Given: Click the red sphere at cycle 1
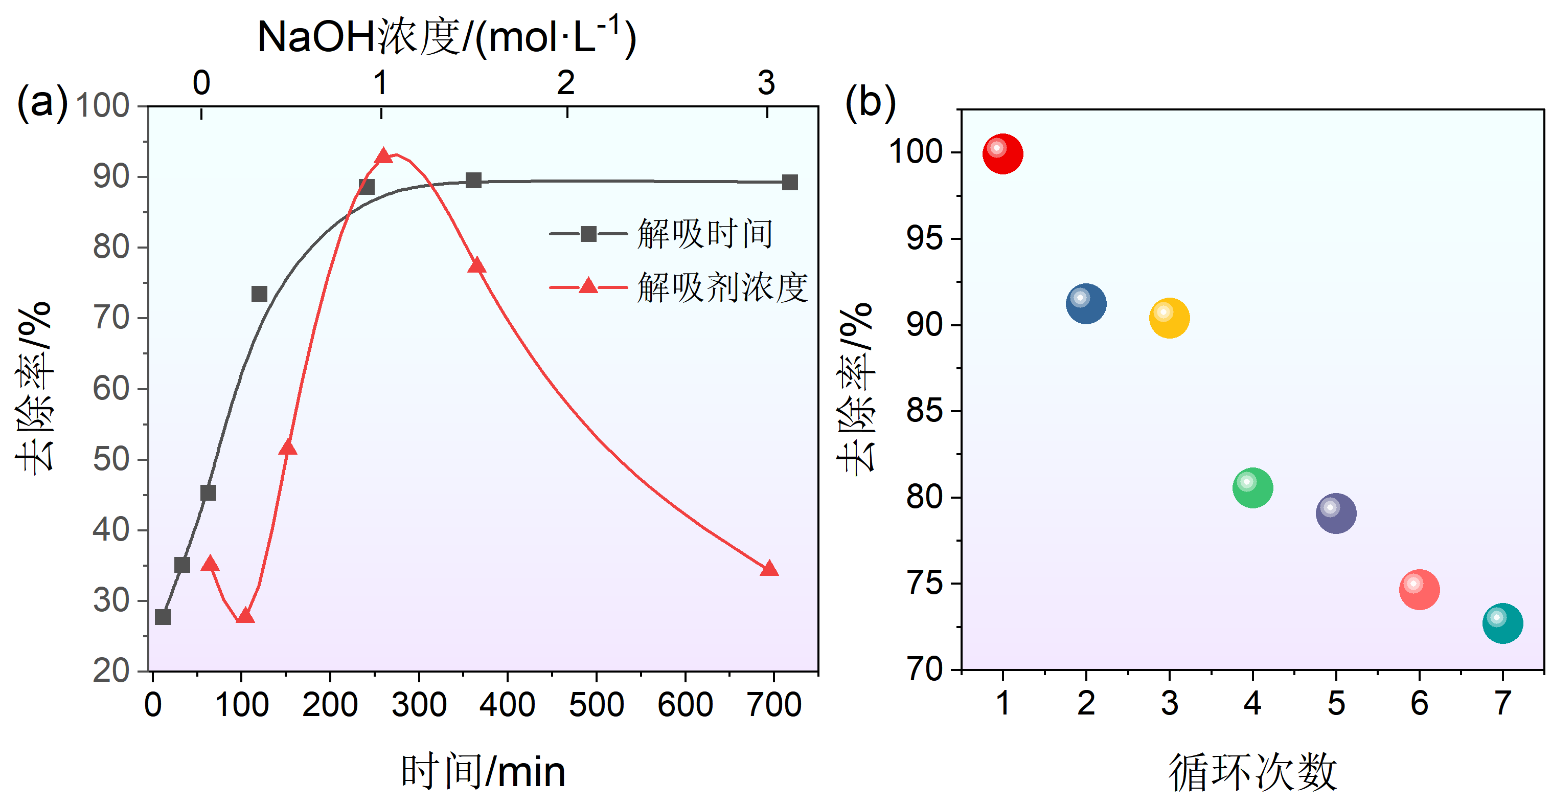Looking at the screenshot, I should [1002, 154].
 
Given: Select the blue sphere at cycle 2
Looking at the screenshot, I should [1086, 303].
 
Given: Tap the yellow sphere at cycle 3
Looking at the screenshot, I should [1169, 318].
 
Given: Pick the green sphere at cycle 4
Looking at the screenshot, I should [1252, 488].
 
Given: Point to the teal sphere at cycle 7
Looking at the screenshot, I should [1502, 623].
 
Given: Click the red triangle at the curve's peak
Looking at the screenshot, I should [383, 157].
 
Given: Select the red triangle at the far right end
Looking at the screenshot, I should [769, 569].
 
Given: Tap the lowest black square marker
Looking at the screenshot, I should [163, 617].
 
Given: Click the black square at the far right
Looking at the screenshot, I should [790, 183].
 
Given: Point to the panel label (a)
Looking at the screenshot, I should [42, 102].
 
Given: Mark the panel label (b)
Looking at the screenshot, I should [871, 102].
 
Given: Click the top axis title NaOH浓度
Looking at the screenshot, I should [446, 37].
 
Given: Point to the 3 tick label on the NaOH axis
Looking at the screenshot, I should [766, 82].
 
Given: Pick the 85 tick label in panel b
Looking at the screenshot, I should [924, 411].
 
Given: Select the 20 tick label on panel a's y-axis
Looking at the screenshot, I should [111, 671].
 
